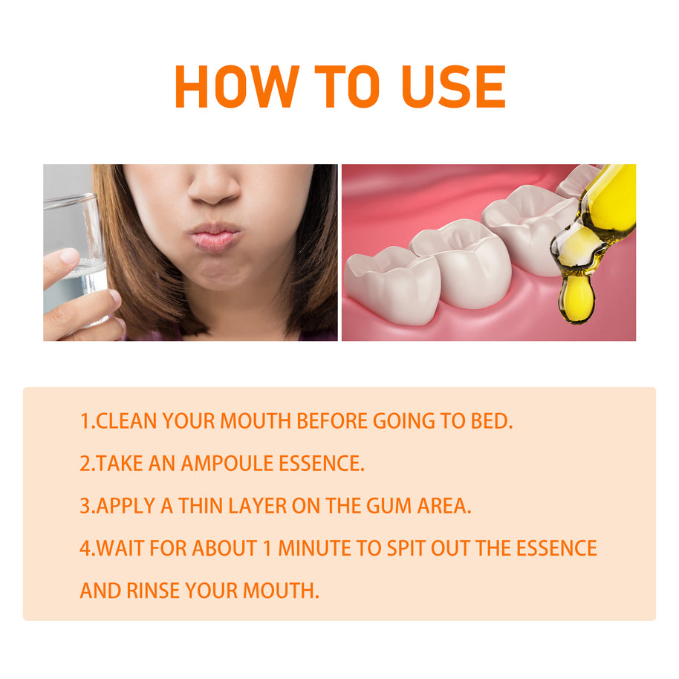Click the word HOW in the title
237,87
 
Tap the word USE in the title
453,87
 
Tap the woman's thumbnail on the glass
69,256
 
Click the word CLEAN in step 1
126,421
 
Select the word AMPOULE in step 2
227,464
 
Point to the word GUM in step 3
389,506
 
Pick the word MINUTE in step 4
314,548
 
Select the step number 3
85,506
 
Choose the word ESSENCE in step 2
320,464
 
